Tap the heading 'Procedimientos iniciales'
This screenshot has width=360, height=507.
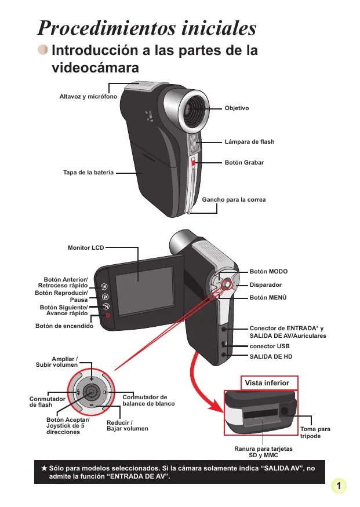pyautogui.click(x=147, y=28)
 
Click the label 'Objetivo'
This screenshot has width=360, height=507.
pyautogui.click(x=237, y=108)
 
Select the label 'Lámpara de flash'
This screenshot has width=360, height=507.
pyautogui.click(x=249, y=142)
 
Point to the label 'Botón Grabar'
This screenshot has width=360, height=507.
pyautogui.click(x=244, y=163)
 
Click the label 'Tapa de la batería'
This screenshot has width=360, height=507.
pyautogui.click(x=88, y=172)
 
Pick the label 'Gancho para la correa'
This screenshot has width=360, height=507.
pyautogui.click(x=234, y=200)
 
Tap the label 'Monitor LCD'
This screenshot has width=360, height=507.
pyautogui.click(x=86, y=247)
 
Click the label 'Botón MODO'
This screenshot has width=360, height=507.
pyautogui.click(x=268, y=271)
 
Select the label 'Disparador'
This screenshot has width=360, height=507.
pyautogui.click(x=266, y=284)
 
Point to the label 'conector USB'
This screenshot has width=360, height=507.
pyautogui.click(x=270, y=346)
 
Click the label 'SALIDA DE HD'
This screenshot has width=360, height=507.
pyautogui.click(x=271, y=356)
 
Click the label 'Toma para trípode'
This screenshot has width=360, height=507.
pyautogui.click(x=315, y=432)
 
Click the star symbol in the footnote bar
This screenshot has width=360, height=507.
pyautogui.click(x=43, y=467)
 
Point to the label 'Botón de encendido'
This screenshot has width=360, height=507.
pyautogui.click(x=64, y=326)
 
